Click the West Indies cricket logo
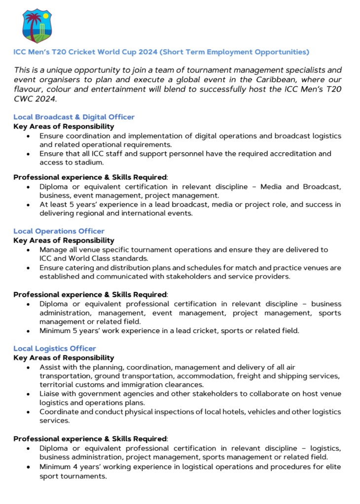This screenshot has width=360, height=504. tap(37, 25)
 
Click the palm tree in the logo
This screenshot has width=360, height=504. tap(33, 25)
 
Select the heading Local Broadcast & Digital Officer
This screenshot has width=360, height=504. tap(74, 117)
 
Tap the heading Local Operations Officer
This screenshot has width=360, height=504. tap(59, 231)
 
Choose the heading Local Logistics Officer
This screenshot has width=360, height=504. tap(54, 348)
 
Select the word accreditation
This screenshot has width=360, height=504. tap(284, 154)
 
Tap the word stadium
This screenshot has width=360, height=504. tap(89, 163)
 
